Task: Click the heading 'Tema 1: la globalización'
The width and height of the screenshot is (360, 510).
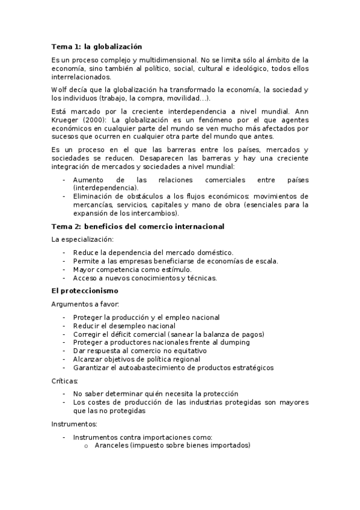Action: click(96, 46)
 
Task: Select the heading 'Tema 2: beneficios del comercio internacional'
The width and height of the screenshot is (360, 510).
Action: click(138, 226)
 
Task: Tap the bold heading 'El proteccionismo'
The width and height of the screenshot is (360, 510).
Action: click(85, 291)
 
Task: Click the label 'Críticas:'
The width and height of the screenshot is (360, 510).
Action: click(65, 381)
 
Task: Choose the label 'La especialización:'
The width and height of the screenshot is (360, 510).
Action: click(82, 239)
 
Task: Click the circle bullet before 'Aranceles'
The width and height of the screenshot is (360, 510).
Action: click(87, 446)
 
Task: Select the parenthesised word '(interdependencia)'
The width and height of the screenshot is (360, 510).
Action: click(105, 188)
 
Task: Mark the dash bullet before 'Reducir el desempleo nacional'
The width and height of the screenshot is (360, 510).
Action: click(64, 325)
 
